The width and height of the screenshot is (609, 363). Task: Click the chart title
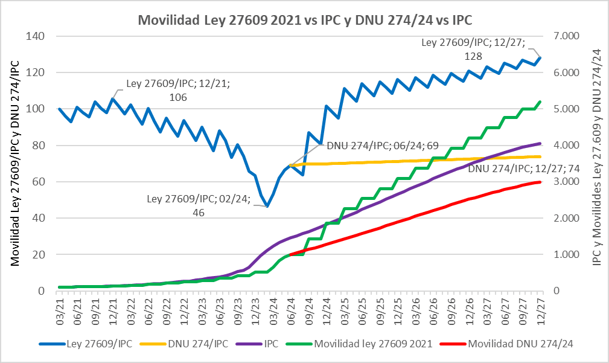click(305, 20)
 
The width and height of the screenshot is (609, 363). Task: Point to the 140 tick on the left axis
click(37, 36)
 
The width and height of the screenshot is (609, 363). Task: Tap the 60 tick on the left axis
click(40, 182)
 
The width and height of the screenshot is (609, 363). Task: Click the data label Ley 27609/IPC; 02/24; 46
click(199, 205)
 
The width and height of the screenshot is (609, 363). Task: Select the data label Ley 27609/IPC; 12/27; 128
click(473, 49)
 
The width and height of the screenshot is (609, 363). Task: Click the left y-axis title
click(15, 163)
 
